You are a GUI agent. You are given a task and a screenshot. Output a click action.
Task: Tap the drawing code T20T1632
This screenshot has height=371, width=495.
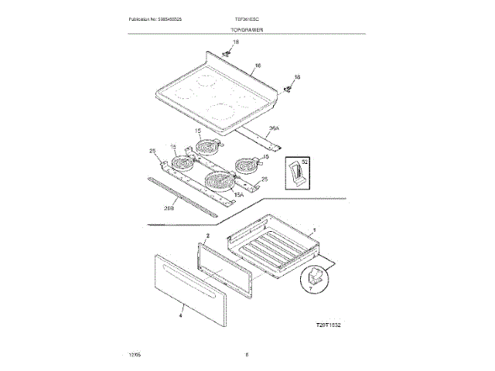tap(328, 325)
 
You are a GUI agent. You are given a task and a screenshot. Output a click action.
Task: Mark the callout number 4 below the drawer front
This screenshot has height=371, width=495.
tap(179, 315)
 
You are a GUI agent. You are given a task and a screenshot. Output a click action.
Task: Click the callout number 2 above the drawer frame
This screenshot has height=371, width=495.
tap(208, 234)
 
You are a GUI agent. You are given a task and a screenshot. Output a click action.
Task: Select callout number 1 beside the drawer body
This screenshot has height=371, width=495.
tap(312, 230)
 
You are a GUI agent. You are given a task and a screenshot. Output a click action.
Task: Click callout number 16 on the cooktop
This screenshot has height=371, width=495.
tap(258, 67)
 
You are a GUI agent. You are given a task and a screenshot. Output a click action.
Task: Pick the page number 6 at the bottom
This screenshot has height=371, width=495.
tap(246, 355)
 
